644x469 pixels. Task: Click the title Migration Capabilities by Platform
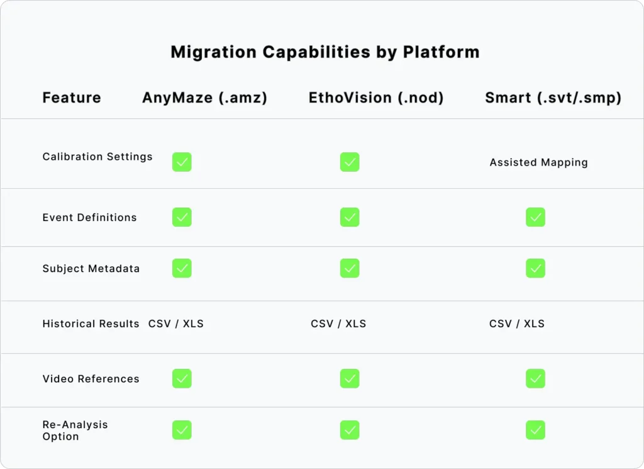[x=325, y=52]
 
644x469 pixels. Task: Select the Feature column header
[x=72, y=98]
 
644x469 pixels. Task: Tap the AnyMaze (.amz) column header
[x=204, y=98]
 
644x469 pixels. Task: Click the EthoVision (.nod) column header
[x=376, y=98]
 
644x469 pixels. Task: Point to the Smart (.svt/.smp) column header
[x=553, y=98]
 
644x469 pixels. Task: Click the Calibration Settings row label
[x=97, y=157]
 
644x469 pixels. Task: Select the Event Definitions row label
[x=89, y=217]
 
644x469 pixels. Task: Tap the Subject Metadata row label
[x=91, y=268]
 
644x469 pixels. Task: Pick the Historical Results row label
[x=91, y=324]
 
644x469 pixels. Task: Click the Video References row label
[x=91, y=379]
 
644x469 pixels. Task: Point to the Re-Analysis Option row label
[x=75, y=431]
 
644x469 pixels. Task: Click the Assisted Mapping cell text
[x=538, y=162]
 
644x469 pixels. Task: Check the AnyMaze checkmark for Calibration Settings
[x=182, y=162]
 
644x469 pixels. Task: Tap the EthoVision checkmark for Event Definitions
[x=350, y=217]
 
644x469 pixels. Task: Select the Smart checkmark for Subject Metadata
[x=535, y=268]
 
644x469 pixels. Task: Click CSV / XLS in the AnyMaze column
[x=176, y=324]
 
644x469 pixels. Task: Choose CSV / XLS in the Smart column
[x=517, y=324]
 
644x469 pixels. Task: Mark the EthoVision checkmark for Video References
[x=350, y=378]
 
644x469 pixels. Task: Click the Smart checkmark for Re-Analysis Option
[x=535, y=430]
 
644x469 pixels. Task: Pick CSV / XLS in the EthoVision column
[x=338, y=324]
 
